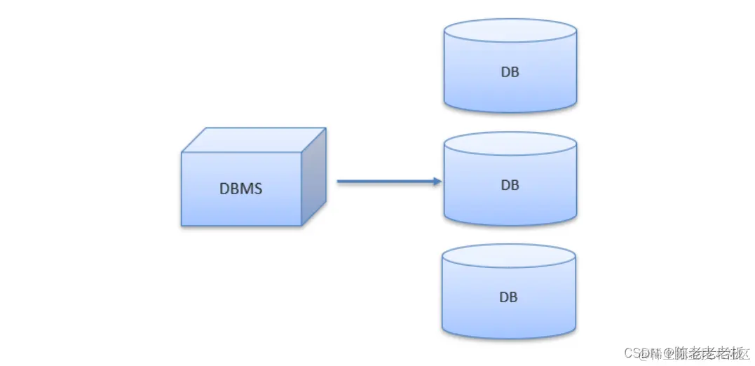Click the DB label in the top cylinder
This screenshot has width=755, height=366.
tap(510, 72)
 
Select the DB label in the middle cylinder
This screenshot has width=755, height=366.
tap(510, 185)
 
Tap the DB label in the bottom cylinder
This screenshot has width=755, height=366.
tap(508, 297)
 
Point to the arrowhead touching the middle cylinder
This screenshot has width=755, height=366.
tap(437, 182)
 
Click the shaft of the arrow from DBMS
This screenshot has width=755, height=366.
tap(386, 182)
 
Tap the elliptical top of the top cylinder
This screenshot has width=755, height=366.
tap(510, 31)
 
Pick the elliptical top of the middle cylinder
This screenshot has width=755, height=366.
tap(510, 144)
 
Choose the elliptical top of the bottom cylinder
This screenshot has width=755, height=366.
tap(509, 256)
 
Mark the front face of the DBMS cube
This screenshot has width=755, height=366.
tap(241, 200)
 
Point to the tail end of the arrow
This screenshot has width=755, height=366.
tap(339, 182)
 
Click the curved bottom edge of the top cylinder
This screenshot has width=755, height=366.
tap(510, 111)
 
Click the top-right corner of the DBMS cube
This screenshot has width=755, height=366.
tap(325, 128)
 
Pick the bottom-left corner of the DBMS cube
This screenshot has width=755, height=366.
tap(182, 225)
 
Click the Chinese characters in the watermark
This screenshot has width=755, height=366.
tap(708, 351)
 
